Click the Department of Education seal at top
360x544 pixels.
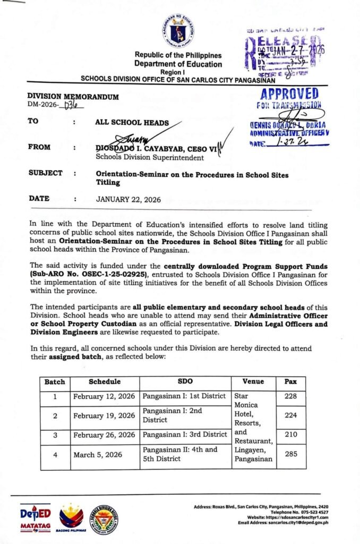(178, 30)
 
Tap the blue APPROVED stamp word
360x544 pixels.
(290, 94)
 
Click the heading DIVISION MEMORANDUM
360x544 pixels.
(73, 97)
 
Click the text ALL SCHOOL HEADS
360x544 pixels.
(132, 122)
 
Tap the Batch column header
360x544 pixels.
(54, 381)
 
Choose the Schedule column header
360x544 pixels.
(105, 381)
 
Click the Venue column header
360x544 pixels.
(253, 381)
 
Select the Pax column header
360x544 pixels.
(291, 381)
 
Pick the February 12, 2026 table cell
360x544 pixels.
(104, 396)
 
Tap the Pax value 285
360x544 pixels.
(291, 454)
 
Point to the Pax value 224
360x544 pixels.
(291, 415)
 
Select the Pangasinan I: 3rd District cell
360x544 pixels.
(185, 435)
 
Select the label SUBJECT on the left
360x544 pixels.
(45, 173)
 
